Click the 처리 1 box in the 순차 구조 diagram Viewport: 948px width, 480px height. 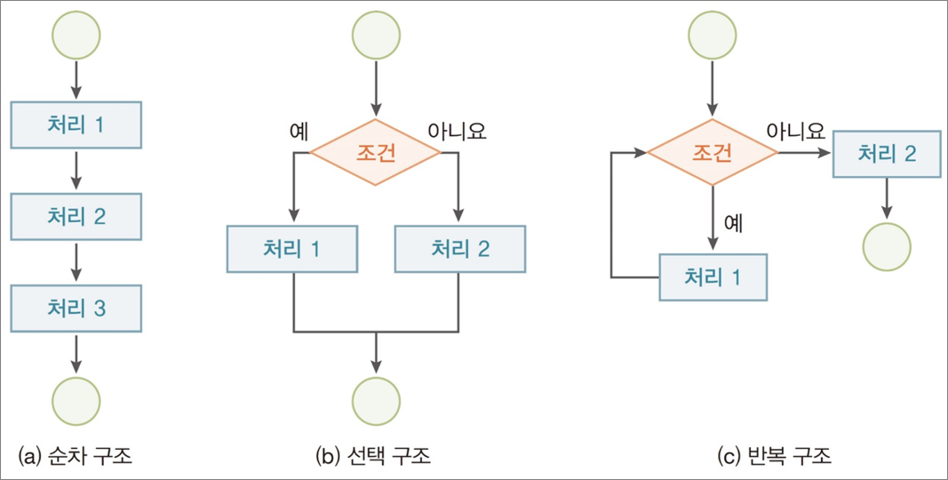[x=76, y=124]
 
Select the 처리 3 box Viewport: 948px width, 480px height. [x=76, y=308]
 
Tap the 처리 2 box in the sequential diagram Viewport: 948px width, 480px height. [x=76, y=216]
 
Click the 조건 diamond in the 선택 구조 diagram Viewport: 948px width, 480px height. [x=375, y=153]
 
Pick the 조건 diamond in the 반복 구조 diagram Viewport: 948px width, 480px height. [x=712, y=153]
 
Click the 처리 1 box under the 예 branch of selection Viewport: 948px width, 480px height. [x=292, y=248]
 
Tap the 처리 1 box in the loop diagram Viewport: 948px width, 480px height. [x=712, y=276]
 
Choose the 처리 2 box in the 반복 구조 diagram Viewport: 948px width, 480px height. [x=886, y=153]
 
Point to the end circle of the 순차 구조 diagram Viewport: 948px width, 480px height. [x=76, y=399]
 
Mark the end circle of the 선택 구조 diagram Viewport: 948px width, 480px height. [x=377, y=399]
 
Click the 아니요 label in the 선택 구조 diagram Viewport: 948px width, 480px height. [x=457, y=132]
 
